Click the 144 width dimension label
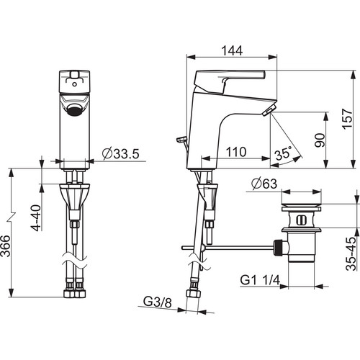[232, 50]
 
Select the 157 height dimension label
[348, 119]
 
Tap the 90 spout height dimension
[320, 140]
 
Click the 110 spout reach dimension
[236, 152]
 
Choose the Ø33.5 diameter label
[121, 153]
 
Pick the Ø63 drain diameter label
[264, 184]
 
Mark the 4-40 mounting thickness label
[36, 217]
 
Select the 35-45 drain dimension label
[351, 254]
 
